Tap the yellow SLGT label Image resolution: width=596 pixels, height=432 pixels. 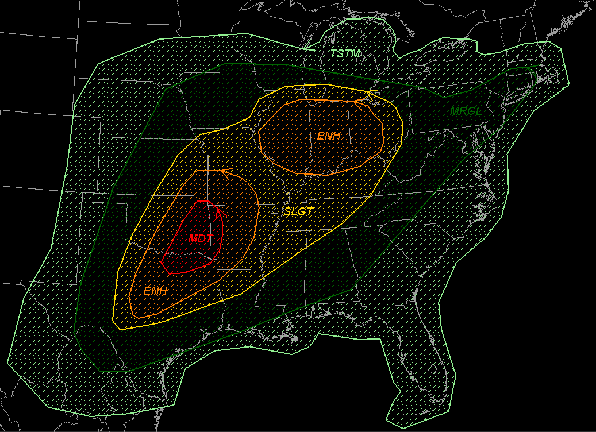(x=298, y=212)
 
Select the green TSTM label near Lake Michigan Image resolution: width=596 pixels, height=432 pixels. (x=345, y=54)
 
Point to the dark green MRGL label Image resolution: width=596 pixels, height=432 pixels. (x=466, y=110)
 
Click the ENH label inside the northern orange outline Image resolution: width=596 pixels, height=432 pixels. (x=329, y=136)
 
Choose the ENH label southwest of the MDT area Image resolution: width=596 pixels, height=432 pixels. (x=155, y=291)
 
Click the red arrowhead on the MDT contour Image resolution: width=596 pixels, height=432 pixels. (x=218, y=213)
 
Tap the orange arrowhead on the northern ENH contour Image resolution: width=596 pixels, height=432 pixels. (x=359, y=103)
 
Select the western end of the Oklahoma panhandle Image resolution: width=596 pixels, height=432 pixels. (x=83, y=203)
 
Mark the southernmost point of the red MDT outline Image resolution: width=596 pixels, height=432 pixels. (x=172, y=273)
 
